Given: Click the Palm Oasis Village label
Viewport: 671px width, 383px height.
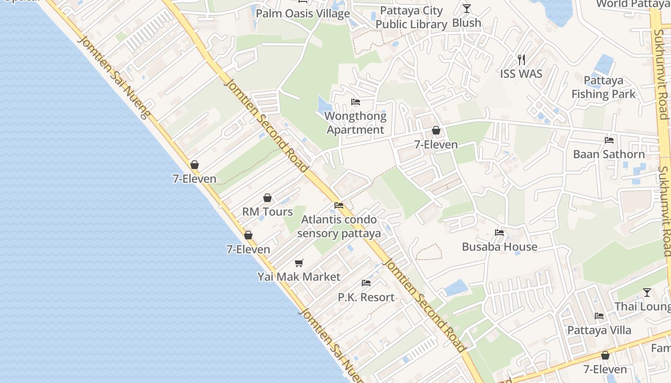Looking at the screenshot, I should [302, 13].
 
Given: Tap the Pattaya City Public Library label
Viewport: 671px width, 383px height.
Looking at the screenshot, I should [411, 18].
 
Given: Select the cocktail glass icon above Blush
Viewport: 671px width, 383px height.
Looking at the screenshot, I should [467, 9].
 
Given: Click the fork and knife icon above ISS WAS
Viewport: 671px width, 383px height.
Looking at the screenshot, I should [521, 60].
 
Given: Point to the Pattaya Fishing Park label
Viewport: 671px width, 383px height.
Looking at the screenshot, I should [603, 87].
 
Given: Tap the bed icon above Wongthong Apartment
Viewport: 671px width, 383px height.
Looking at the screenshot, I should [356, 102].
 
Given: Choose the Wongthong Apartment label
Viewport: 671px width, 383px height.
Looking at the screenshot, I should [355, 123].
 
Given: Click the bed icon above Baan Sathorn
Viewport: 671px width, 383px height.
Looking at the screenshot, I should [609, 140].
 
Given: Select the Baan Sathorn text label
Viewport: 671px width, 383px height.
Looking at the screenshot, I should [609, 154].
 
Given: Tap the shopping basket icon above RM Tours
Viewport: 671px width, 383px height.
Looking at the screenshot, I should [267, 198].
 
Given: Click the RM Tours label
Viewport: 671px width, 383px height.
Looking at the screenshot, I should [267, 212].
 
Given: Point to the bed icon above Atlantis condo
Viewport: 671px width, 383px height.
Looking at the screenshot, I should [339, 205].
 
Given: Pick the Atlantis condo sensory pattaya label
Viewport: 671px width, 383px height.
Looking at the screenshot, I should [339, 226].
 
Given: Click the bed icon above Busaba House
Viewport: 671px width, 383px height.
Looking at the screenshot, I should [499, 233].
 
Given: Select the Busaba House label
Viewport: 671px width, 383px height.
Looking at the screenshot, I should [499, 247].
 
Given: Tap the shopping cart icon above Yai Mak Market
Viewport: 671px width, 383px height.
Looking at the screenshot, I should [299, 263].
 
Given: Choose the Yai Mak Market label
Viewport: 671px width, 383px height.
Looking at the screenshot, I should [299, 277].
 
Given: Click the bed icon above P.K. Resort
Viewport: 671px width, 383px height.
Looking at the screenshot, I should [366, 283].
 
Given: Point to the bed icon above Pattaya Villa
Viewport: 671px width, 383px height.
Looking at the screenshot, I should [599, 316].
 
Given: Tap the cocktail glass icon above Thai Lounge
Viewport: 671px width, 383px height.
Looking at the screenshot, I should [647, 292].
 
